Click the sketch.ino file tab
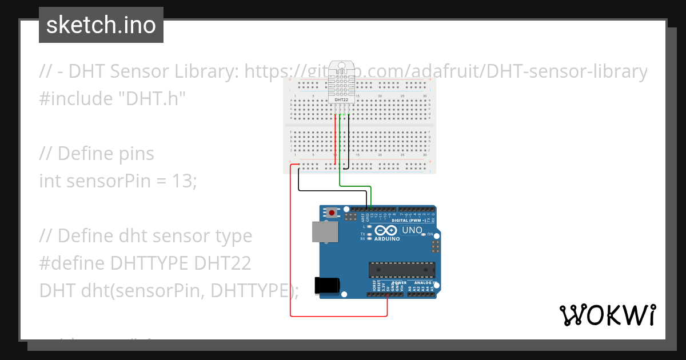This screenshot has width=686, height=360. click(x=101, y=25)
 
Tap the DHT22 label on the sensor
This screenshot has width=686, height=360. click(x=341, y=101)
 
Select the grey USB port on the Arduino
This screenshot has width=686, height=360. click(x=324, y=231)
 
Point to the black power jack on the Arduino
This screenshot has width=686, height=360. click(x=326, y=286)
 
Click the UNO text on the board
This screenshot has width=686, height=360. click(x=412, y=230)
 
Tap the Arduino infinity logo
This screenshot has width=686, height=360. click(x=386, y=230)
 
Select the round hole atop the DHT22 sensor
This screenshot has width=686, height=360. click(x=341, y=66)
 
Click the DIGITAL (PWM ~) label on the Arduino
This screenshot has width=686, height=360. click(x=412, y=220)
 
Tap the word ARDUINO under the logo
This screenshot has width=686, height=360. click(x=388, y=239)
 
